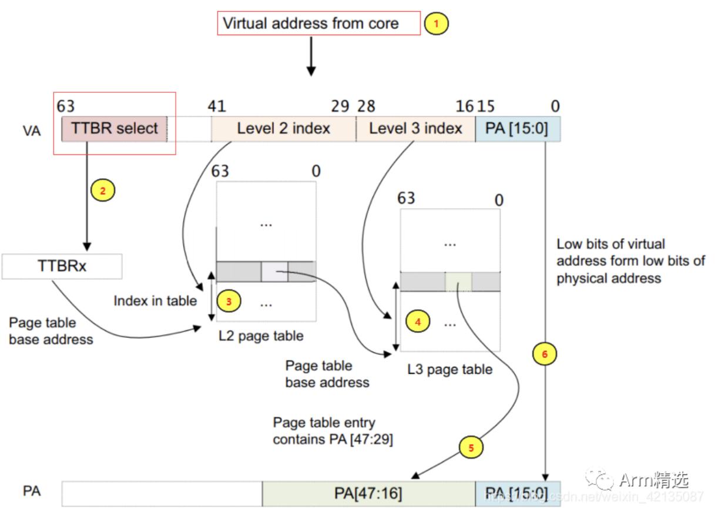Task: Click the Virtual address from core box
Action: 318,24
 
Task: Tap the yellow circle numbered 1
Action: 436,24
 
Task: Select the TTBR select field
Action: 115,129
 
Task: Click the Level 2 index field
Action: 283,129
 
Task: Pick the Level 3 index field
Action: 415,129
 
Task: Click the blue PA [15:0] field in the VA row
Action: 518,129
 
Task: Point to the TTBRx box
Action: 62,266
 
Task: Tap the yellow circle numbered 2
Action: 103,190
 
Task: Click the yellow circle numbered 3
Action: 229,301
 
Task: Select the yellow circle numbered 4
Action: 418,322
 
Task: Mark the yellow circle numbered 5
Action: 471,447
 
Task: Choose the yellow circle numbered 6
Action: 544,355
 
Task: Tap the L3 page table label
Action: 449,369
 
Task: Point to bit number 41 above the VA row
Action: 217,106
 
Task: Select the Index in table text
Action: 155,301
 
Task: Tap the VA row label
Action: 31,131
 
